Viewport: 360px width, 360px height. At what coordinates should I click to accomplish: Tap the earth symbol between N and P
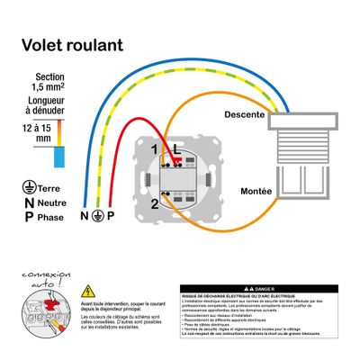tap(99, 217)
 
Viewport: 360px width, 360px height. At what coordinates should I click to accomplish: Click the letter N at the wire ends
tap(85, 217)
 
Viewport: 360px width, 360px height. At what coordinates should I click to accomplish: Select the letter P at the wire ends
tap(112, 217)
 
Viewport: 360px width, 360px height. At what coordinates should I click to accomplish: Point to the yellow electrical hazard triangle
tap(87, 292)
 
